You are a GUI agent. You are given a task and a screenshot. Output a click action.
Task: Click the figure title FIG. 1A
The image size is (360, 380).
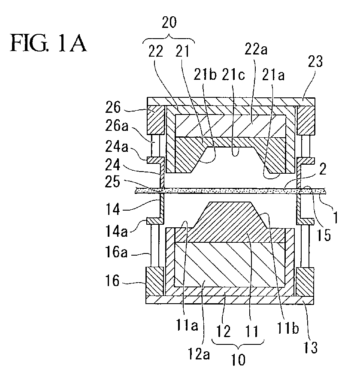(48, 43)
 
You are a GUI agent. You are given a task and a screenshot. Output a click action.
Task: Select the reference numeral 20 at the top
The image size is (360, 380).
(169, 23)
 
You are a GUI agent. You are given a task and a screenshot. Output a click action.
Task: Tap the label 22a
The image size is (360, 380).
(256, 49)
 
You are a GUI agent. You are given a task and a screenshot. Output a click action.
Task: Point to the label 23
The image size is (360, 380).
(315, 61)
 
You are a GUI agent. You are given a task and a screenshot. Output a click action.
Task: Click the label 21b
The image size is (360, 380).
(205, 75)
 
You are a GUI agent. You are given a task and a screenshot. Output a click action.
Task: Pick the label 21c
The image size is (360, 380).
(233, 75)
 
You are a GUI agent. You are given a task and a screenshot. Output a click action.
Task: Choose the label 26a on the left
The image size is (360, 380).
(116, 126)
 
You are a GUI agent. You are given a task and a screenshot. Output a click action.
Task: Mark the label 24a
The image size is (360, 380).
(116, 147)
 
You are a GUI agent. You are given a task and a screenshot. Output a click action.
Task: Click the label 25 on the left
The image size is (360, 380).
(112, 181)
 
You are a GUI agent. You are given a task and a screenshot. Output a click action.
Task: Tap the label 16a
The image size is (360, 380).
(116, 252)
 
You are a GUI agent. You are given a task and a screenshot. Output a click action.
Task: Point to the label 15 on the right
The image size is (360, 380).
(324, 235)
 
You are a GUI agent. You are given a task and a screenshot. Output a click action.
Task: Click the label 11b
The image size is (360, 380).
(287, 328)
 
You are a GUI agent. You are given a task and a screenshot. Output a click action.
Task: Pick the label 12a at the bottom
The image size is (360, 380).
(199, 354)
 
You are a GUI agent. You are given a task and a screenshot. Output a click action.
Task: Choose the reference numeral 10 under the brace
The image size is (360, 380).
(238, 360)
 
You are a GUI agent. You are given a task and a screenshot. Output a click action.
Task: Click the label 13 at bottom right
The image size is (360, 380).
(310, 347)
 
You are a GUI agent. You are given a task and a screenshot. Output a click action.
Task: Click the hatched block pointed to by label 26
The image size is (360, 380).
(155, 120)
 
